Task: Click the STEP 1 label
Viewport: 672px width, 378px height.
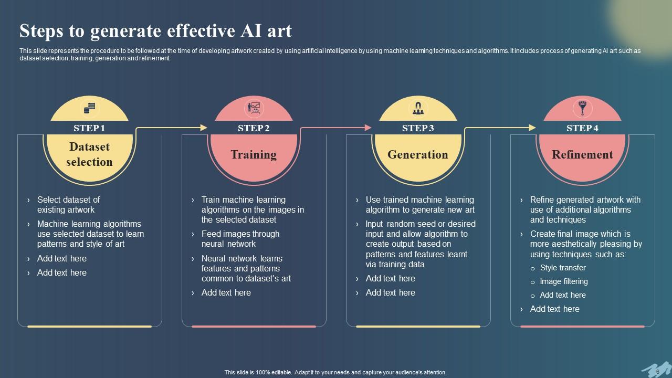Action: [89, 128]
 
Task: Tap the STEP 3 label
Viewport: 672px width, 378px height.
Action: [418, 128]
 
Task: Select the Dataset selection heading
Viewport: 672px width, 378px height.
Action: [89, 154]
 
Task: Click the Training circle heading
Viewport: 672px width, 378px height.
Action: [254, 154]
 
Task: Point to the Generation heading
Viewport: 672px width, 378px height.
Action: [418, 154]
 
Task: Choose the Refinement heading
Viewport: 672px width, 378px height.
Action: [582, 154]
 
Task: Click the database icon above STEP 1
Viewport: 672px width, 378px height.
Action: [89, 109]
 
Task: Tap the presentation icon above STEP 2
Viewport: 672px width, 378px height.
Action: [254, 109]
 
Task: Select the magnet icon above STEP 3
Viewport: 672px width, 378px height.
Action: [418, 109]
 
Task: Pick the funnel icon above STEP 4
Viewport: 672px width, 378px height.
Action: [582, 109]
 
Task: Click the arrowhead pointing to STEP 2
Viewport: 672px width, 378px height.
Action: [204, 128]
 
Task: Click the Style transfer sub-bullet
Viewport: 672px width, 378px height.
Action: [563, 268]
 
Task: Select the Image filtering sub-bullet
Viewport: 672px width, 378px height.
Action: [564, 281]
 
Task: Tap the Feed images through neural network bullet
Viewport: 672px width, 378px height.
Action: [240, 239]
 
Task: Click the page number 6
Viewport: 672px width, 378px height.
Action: [658, 372]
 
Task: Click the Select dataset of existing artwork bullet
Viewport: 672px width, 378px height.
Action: [68, 205]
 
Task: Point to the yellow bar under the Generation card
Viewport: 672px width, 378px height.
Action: [418, 327]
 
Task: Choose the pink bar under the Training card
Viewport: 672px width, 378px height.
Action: [254, 327]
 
